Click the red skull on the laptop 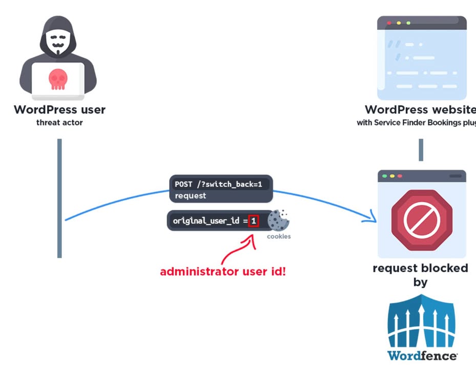click(x=58, y=78)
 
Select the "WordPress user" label click(x=59, y=110)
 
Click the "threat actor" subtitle click(x=59, y=122)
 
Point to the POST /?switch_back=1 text click(x=218, y=184)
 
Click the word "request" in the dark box click(x=190, y=196)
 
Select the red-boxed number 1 click(x=254, y=221)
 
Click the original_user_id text click(x=206, y=221)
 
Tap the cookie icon click(x=278, y=220)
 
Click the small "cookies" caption click(x=278, y=236)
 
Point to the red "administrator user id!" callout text click(x=223, y=272)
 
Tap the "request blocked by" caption click(x=420, y=275)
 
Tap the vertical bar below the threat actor click(x=59, y=197)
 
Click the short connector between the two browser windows click(x=421, y=150)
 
